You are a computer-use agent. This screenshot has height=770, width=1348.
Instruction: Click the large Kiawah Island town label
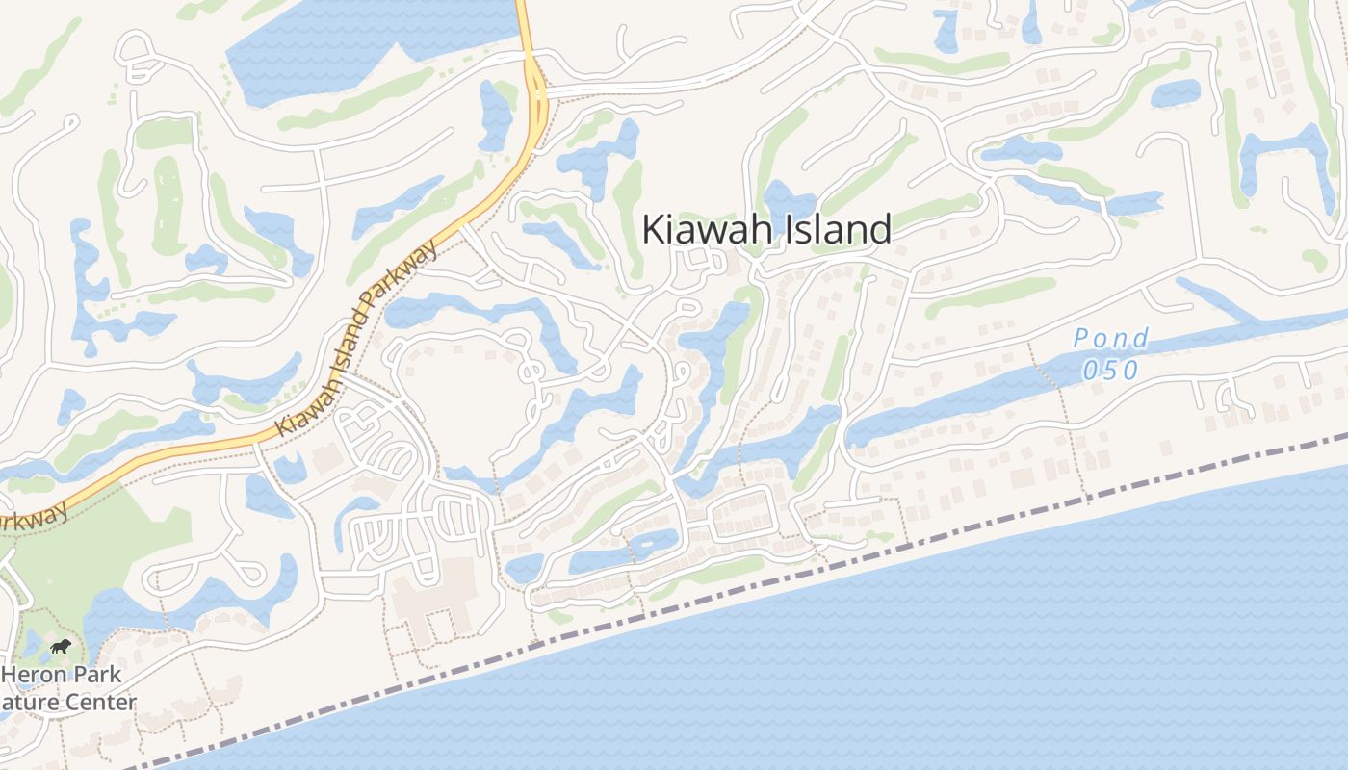point(766,230)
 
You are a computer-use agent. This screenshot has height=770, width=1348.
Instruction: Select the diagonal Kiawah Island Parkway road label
point(356,339)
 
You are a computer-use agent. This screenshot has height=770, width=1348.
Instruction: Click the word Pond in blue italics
point(1111,339)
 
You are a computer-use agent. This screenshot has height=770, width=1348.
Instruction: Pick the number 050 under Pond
point(1111,371)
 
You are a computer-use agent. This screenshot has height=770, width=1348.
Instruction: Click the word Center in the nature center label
point(100,703)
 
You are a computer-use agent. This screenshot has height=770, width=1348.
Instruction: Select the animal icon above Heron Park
point(61,646)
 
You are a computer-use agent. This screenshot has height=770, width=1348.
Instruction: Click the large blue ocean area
point(963,654)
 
